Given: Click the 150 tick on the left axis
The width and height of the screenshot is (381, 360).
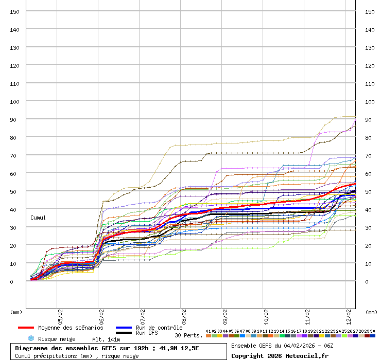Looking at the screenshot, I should [15, 11].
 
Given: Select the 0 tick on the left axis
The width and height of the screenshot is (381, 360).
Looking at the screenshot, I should [18, 281].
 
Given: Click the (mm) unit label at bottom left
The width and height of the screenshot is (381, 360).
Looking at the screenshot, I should [16, 312].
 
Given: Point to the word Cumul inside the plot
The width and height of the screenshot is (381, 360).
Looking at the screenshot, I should [38, 218].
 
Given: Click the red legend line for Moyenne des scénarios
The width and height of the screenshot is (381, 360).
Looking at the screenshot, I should [26, 328].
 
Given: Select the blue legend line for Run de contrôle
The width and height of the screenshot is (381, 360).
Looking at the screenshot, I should [124, 328].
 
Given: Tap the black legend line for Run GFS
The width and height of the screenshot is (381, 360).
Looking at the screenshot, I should [124, 333].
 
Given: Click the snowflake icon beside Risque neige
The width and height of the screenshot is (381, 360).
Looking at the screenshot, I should [31, 338].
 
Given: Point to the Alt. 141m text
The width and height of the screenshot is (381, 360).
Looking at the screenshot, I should [106, 339].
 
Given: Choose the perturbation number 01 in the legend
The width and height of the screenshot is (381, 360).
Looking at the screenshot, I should [209, 331].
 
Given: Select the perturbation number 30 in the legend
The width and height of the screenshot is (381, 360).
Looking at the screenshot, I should [373, 331].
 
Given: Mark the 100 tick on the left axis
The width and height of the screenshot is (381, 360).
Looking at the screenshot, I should [15, 101].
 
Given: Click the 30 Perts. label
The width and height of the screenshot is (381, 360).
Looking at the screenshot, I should [188, 335].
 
